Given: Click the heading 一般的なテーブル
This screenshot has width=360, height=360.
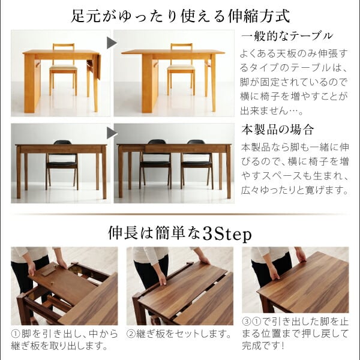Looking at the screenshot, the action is click(287, 36).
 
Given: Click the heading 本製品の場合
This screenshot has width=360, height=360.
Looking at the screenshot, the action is click(277, 130).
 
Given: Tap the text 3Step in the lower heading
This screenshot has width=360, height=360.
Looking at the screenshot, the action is click(227, 234).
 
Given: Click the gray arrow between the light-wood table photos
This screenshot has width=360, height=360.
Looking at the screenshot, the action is click(112, 43).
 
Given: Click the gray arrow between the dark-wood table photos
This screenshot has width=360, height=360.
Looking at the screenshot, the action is click(112, 133).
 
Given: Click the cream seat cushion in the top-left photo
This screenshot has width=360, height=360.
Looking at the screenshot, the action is click(63, 67).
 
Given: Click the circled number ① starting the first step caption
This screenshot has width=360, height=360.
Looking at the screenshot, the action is click(16, 334).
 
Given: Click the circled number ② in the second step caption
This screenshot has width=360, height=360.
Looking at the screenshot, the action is click(131, 334).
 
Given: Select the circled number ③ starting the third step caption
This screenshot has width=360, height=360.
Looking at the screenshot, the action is click(247, 322).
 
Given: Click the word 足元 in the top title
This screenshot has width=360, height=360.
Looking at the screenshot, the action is click(86, 17).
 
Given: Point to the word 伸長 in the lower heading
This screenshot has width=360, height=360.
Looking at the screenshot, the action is click(123, 234).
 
